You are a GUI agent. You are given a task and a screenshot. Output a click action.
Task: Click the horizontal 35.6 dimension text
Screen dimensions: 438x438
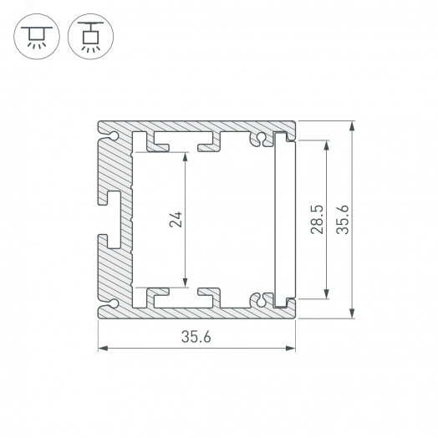coord(197,338)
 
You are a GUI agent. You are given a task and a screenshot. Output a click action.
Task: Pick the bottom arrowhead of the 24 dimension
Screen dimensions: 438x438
coord(185,285)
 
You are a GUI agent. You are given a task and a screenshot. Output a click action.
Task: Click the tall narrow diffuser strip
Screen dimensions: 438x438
coord(283,219)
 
